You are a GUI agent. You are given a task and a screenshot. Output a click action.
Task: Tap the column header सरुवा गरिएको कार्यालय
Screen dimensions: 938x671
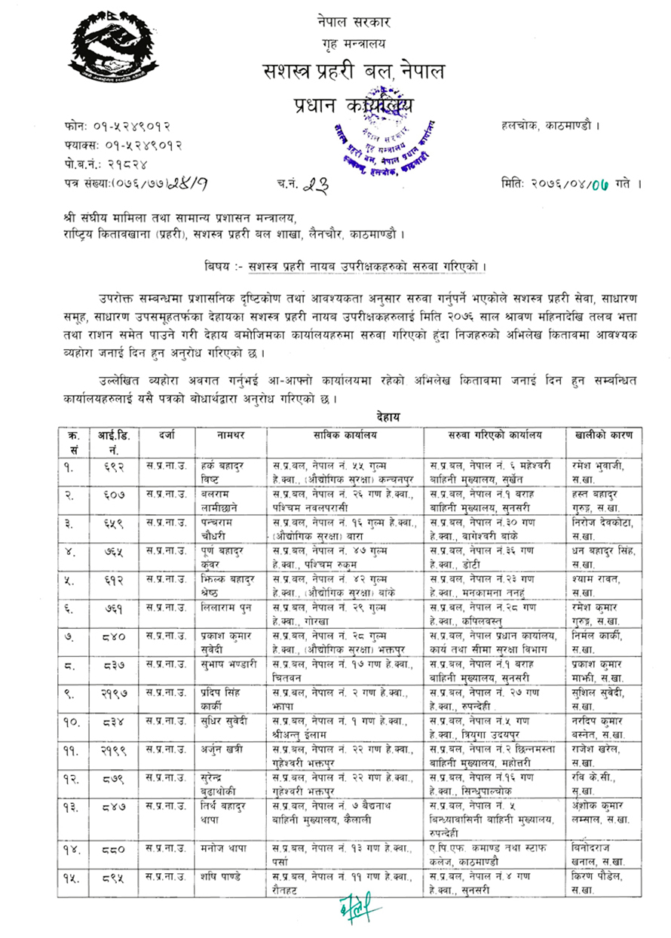tap(493, 435)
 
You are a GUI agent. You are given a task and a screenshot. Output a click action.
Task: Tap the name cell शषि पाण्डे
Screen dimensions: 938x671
tap(216, 877)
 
